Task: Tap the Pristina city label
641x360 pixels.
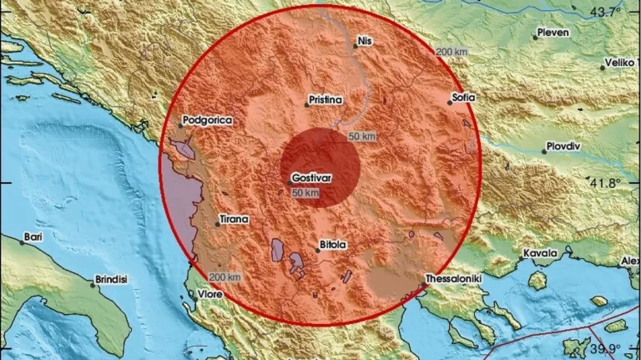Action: pos(326,99)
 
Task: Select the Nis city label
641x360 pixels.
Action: pos(364,39)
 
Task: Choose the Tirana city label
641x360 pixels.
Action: pos(234,219)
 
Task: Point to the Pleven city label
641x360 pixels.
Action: pos(553,33)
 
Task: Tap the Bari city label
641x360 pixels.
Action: pos(33,236)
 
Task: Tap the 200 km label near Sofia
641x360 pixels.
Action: pos(452,52)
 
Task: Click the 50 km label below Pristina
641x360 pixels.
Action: pos(361,136)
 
